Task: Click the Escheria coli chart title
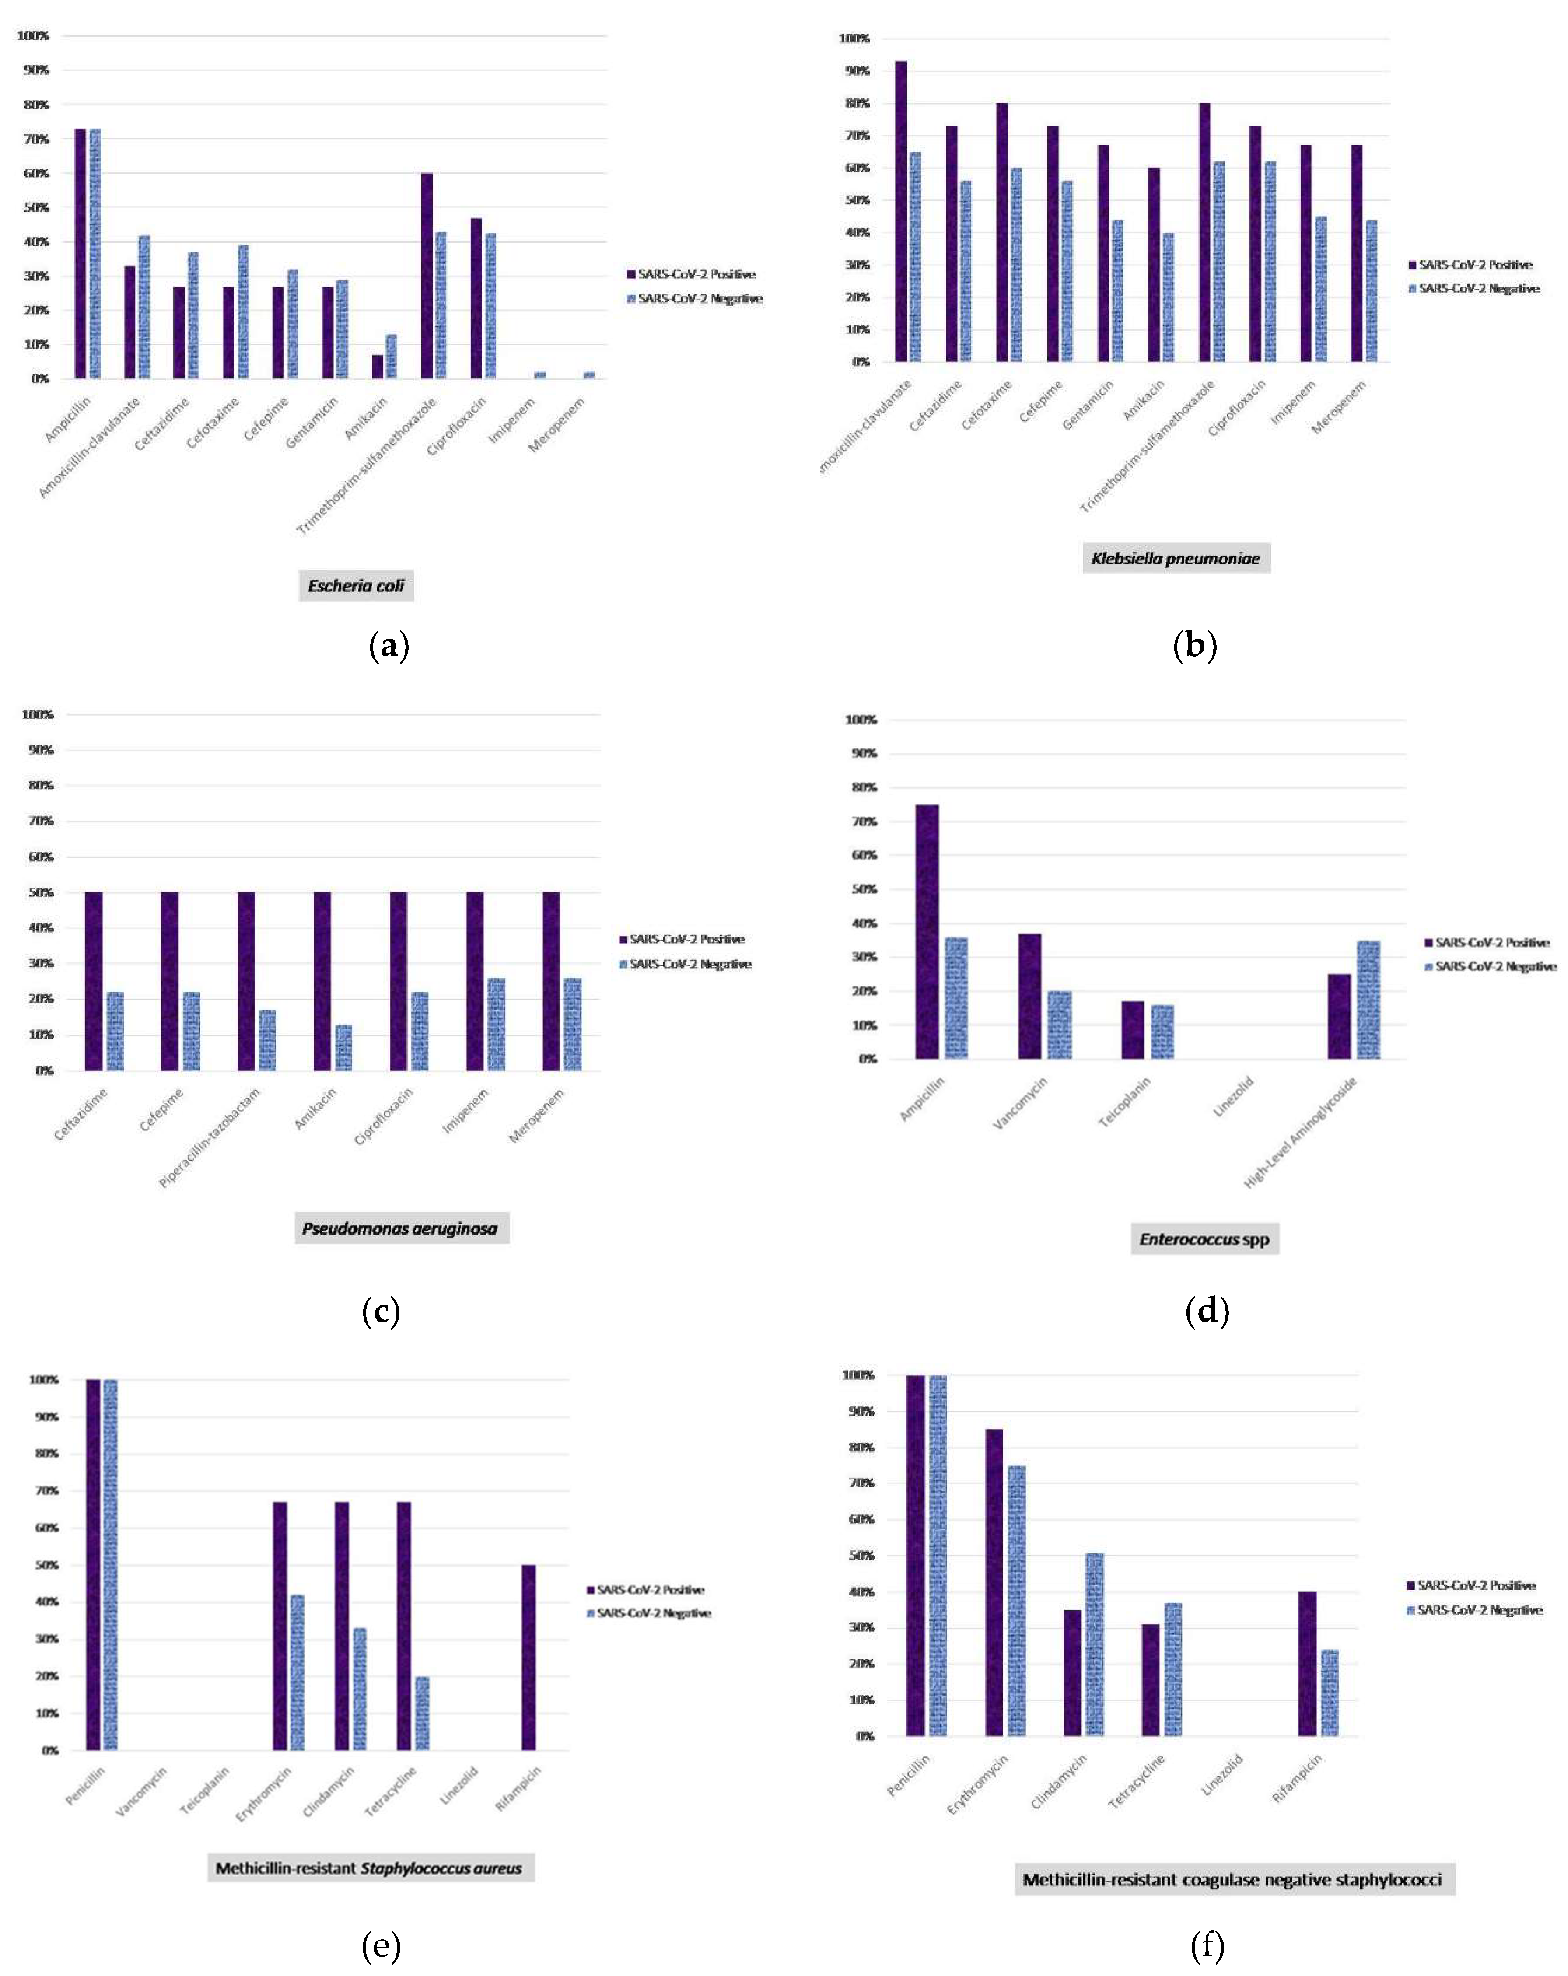point(356,586)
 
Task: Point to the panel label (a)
point(388,646)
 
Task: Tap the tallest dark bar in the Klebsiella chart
point(901,211)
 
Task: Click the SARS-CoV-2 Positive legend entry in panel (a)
point(692,274)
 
